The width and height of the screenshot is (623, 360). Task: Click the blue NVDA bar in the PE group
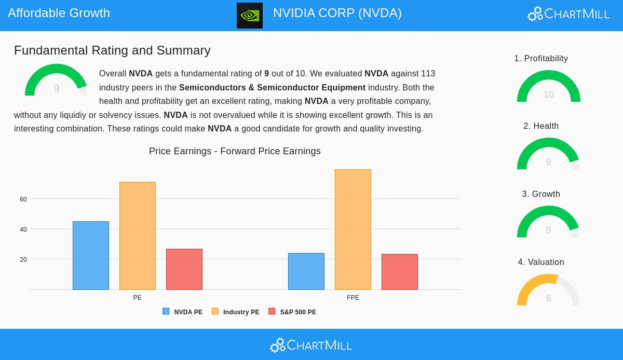coord(91,256)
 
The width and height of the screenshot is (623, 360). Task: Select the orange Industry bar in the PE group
coord(138,236)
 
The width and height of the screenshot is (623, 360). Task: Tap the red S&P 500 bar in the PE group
coord(184,269)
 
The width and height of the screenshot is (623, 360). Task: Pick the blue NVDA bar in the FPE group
coord(306,271)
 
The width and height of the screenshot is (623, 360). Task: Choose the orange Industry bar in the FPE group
coord(353,230)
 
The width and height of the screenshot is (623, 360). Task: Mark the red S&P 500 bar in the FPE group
coord(400,272)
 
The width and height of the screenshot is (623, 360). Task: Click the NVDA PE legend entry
coord(183,312)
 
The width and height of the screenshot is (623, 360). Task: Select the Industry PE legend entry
coord(236,312)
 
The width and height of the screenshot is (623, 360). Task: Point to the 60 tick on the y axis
coord(23,199)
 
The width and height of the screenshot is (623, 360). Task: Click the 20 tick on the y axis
coord(23,260)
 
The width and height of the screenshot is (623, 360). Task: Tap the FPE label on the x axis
coord(353,298)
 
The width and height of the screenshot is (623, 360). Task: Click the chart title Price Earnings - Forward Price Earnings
coord(235,151)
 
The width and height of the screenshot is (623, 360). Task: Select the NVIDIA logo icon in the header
coord(250,16)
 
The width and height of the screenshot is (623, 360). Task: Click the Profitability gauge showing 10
coord(548,87)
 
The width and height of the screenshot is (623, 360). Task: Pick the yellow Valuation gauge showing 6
coord(548,291)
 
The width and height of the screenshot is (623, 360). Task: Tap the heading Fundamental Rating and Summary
coord(112,50)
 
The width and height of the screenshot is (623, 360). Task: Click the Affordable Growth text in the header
coord(59,13)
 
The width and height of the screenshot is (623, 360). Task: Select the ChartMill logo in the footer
coord(311,345)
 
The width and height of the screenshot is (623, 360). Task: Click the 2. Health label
coord(541,126)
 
